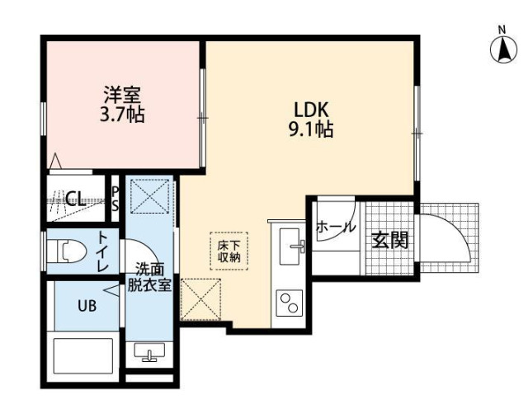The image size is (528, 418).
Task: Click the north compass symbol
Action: coord(503,49)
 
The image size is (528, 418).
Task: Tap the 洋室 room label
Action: coord(122,95)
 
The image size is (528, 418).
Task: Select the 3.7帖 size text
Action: coord(122,115)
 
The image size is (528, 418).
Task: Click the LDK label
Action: coord(311,110)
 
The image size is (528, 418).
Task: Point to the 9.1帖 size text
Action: coord(311,129)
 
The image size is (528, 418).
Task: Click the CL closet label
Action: coord(75,200)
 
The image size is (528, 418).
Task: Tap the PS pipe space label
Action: coord(115,200)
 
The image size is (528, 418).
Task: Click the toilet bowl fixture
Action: coord(66,251)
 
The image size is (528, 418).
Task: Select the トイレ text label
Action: coord(102,251)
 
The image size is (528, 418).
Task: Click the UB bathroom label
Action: coord(87,306)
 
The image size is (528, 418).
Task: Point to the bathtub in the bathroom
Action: coord(82,355)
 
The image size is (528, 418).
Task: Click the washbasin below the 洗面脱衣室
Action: coord(149,352)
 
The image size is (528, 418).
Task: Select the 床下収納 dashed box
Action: coord(229,251)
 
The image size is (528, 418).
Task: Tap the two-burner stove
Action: coord(290,303)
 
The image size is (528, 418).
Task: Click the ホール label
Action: coord(336,227)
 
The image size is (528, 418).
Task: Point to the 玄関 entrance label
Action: coord(390,240)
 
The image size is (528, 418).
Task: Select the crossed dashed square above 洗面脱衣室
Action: coord(150,196)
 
